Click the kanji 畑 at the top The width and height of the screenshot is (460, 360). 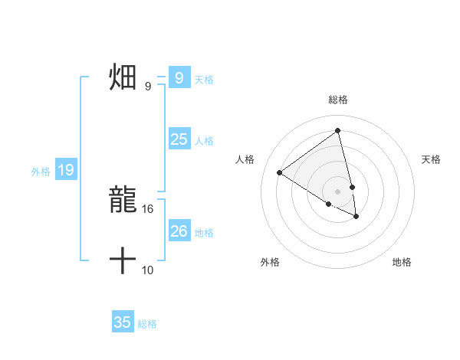[x=123, y=77]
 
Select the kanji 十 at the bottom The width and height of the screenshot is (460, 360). [x=123, y=261]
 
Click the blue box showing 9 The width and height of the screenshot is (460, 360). [x=179, y=78]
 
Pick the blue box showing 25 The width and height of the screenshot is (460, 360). [x=179, y=139]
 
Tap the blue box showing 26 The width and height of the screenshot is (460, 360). [x=179, y=231]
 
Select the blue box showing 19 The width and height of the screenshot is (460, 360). [x=66, y=170]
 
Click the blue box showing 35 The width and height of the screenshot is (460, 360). [x=123, y=322]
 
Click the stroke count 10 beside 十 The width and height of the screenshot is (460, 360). [x=148, y=270]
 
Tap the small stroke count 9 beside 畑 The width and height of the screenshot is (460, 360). [x=148, y=87]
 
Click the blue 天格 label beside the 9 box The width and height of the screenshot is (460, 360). [x=204, y=79]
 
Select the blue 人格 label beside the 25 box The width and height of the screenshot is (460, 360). [x=204, y=141]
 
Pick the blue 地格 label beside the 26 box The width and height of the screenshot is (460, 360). [x=204, y=233]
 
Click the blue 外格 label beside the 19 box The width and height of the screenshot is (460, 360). [x=41, y=172]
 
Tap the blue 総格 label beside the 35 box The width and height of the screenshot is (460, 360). [x=147, y=324]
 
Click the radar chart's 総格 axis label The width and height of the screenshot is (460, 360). [x=337, y=100]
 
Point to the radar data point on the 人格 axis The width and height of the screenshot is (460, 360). [x=280, y=172]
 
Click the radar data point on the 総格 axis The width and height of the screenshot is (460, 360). [x=337, y=131]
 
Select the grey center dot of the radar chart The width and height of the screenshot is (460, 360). [x=337, y=191]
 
